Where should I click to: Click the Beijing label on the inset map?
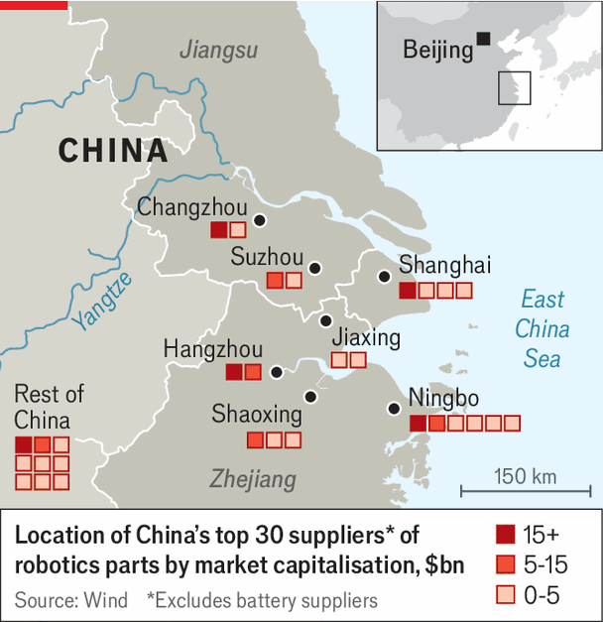[436, 50]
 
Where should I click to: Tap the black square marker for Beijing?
[483, 39]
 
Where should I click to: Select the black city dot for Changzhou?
[260, 220]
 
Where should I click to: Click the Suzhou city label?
[267, 258]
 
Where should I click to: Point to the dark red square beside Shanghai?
[407, 291]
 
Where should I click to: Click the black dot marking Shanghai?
[384, 277]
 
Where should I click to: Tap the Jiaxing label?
[366, 337]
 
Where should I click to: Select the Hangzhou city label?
[213, 349]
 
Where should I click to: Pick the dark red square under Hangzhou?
[234, 372]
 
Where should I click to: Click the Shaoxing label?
[256, 414]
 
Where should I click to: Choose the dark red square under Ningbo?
[419, 424]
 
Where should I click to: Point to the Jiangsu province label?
[219, 50]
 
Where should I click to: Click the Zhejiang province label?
[253, 479]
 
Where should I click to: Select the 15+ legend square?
[504, 535]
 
